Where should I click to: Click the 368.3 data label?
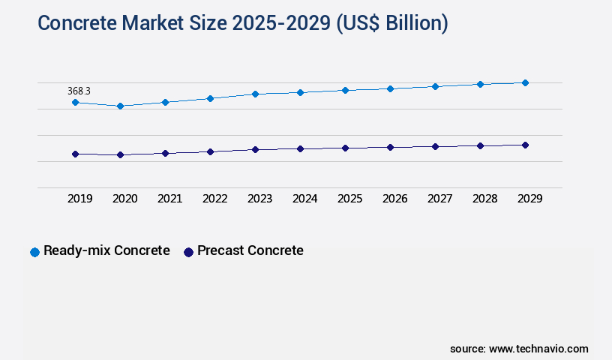(79, 91)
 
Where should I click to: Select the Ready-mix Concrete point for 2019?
(75, 102)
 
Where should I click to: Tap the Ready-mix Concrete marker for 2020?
(120, 106)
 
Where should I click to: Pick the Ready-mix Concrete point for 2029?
(525, 82)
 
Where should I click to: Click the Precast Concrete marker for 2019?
(75, 154)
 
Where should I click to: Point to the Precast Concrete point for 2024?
(300, 148)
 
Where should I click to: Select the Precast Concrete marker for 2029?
(525, 145)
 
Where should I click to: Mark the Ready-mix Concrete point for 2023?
(255, 94)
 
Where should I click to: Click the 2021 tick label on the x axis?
(169, 199)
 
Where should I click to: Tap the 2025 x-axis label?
(349, 199)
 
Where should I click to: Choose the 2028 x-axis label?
(484, 199)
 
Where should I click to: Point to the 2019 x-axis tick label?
(79, 199)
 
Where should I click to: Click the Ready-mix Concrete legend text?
(106, 250)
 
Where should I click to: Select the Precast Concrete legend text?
(250, 250)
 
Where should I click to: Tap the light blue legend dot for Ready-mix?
(34, 252)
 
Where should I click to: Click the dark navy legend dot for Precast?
(188, 252)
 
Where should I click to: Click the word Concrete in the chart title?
(74, 23)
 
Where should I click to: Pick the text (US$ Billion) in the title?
(391, 23)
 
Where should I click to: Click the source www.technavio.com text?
(519, 349)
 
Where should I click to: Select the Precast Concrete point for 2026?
(390, 147)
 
